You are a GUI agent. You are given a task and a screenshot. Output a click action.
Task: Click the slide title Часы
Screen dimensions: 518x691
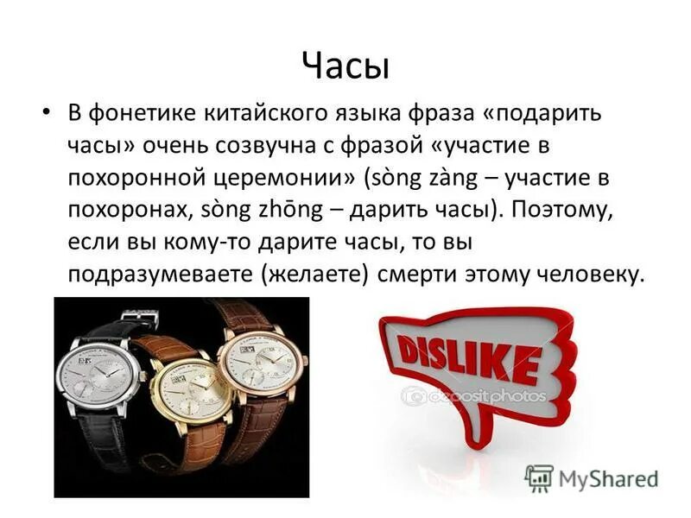345,65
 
